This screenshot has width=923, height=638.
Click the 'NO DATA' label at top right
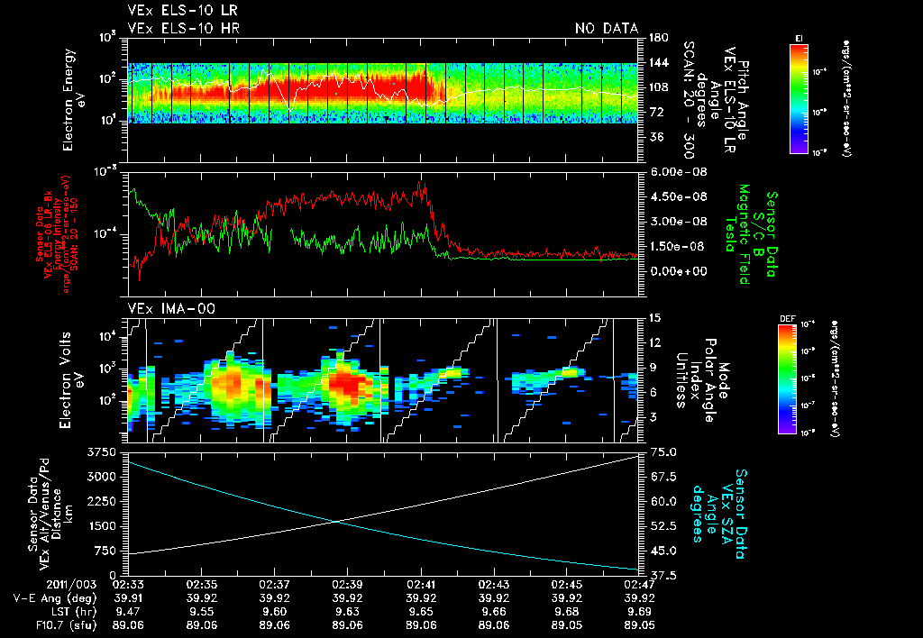click(607, 28)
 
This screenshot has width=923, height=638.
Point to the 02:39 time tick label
click(347, 584)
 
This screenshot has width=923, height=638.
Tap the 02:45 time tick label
click(566, 584)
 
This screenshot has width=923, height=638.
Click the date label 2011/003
click(90, 584)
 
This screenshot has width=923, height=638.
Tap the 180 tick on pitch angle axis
click(656, 38)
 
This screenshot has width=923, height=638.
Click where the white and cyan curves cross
click(336, 521)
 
